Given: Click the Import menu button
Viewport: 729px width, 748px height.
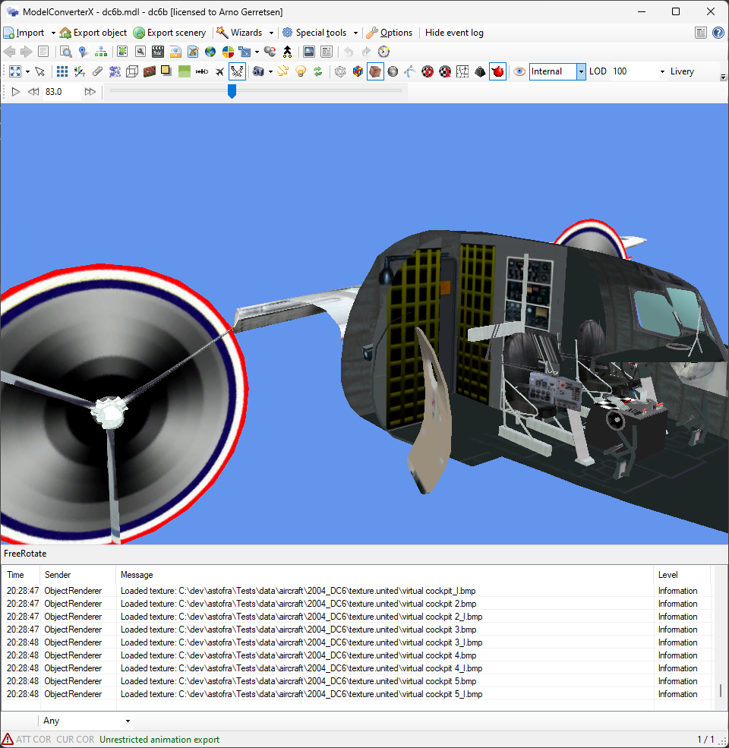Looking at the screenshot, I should tap(24, 33).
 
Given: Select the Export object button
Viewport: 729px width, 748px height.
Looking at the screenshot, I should tap(93, 33).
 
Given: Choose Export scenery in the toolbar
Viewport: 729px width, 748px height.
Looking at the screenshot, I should tap(169, 33).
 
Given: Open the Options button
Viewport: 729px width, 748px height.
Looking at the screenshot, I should tap(390, 33).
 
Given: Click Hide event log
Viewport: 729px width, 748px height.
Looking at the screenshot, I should tap(454, 33).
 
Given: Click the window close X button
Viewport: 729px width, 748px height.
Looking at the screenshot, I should tap(710, 11).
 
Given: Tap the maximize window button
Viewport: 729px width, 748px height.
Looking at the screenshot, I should tap(675, 11).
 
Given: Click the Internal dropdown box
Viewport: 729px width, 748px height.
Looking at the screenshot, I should tap(557, 71).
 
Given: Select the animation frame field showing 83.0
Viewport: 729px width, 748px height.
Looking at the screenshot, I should tap(62, 92).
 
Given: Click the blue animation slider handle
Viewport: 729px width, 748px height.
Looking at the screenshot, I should tap(232, 91).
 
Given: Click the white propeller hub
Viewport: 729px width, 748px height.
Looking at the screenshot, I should tap(108, 412).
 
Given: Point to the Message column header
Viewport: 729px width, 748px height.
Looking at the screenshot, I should tap(137, 575).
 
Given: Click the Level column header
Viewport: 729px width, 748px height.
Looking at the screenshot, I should tap(668, 575).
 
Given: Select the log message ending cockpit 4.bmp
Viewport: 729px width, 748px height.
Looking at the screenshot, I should tap(298, 655).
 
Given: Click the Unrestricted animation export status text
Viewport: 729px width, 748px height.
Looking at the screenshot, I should tap(159, 740).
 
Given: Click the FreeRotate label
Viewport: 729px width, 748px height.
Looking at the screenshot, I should tap(25, 554).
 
